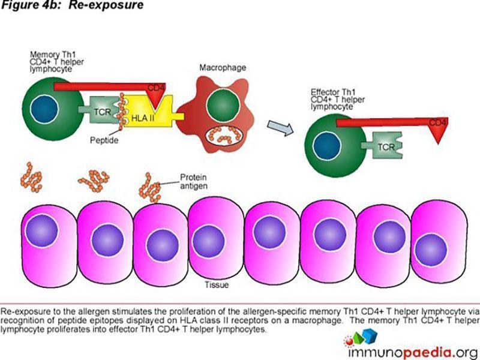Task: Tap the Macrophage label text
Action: click(223, 68)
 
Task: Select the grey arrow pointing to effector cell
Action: click(280, 128)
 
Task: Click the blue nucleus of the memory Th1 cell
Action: click(44, 109)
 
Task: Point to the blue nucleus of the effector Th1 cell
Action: click(327, 146)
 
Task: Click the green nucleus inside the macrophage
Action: click(223, 105)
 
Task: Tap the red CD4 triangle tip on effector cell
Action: click(438, 143)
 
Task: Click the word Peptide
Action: click(104, 140)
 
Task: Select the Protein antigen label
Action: click(193, 182)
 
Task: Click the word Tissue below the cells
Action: click(217, 285)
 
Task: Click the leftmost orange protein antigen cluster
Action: click(31, 178)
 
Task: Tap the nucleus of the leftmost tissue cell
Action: click(41, 230)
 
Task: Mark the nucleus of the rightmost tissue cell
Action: click(431, 250)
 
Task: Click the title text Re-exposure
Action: click(106, 5)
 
